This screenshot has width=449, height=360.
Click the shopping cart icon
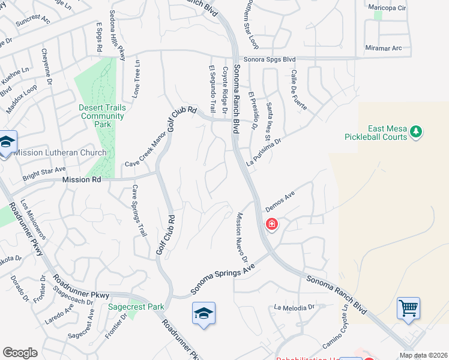coord(408,308)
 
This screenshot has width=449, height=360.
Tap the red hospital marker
coord(272,224)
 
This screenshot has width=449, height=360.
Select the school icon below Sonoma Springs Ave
coord(204,313)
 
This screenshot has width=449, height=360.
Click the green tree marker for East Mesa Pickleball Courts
coord(416,131)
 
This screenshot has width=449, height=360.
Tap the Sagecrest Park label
coord(136,307)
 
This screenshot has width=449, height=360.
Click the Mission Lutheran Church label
coord(59,152)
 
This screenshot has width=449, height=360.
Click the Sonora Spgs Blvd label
coord(265,59)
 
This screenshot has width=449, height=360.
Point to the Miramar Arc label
coord(383,48)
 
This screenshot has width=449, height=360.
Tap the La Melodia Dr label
coord(294,307)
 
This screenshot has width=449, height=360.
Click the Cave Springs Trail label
coord(139,210)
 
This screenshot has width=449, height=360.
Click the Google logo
coord(20,353)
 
